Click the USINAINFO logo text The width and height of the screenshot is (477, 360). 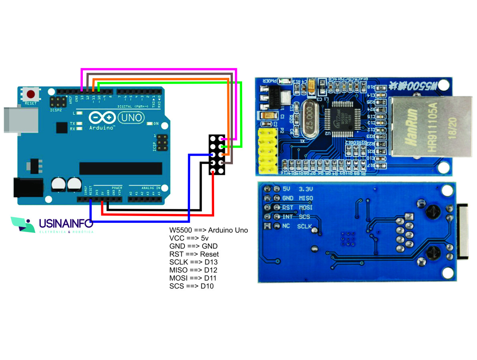point(66,224)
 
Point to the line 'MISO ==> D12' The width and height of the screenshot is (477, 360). point(193,270)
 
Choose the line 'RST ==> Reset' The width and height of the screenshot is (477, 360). point(194,254)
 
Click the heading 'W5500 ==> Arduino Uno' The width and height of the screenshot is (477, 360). point(208,230)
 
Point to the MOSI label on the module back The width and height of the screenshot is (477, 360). point(306,208)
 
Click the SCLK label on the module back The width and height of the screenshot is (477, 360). point(305,227)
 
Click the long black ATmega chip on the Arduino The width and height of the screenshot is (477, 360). point(120,168)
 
